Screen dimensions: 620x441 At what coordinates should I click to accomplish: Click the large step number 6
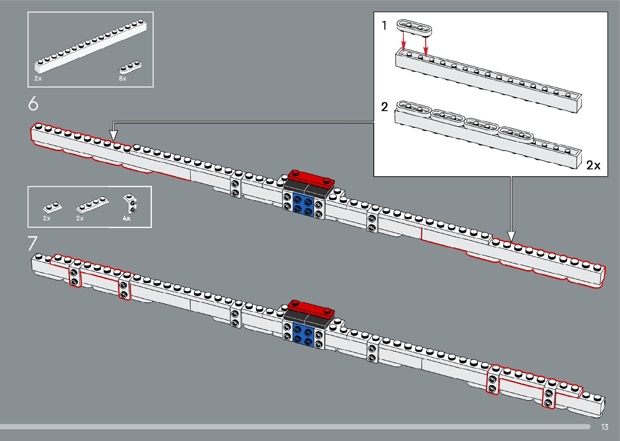point(33,104)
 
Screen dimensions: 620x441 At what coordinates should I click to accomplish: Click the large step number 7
point(32,243)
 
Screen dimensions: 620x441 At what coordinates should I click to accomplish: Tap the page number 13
point(604,427)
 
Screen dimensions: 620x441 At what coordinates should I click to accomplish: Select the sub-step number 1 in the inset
point(384,26)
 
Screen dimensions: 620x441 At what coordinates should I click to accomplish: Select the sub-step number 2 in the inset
point(384,107)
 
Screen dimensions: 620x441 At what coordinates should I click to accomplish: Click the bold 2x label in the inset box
point(593,165)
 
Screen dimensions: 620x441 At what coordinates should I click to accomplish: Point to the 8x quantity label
point(122,79)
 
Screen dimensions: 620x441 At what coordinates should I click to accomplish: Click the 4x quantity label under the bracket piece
point(127,218)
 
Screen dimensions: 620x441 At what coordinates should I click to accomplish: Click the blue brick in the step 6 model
point(303,205)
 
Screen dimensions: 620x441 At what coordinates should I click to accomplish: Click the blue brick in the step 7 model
point(303,334)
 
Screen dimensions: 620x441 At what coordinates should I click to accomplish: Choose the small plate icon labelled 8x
point(130,67)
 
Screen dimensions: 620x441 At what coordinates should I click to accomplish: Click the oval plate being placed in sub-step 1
point(414,27)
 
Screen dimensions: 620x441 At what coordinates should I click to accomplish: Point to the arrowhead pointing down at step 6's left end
point(114,135)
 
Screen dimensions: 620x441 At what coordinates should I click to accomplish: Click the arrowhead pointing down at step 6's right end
point(511,236)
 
